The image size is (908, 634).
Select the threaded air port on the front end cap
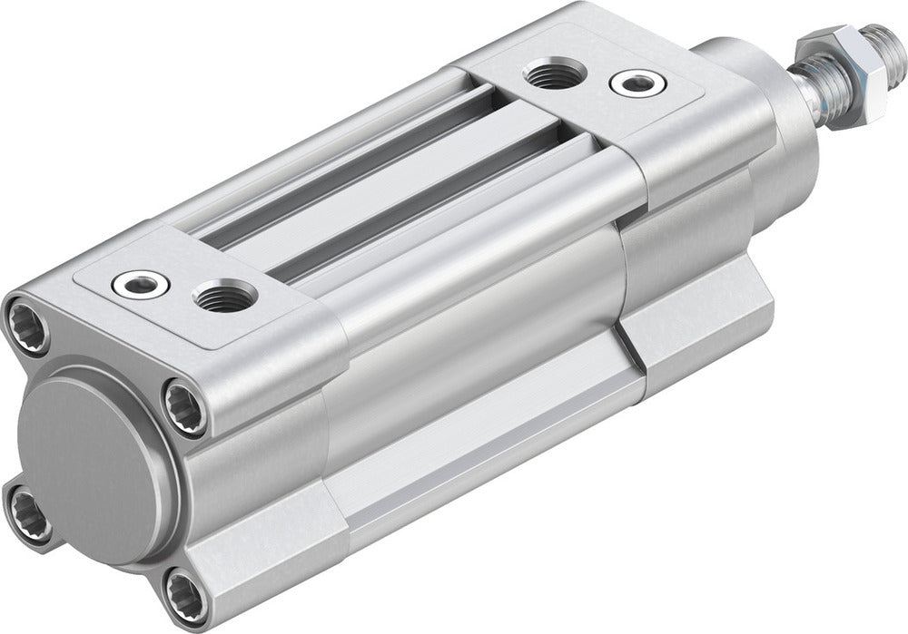pos(558,73)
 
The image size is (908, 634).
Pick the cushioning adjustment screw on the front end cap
pos(637,83)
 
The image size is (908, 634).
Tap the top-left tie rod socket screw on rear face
pos(27,324)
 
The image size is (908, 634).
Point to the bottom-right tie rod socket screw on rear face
pos(185,598)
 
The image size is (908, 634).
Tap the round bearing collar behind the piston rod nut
pos(740,63)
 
